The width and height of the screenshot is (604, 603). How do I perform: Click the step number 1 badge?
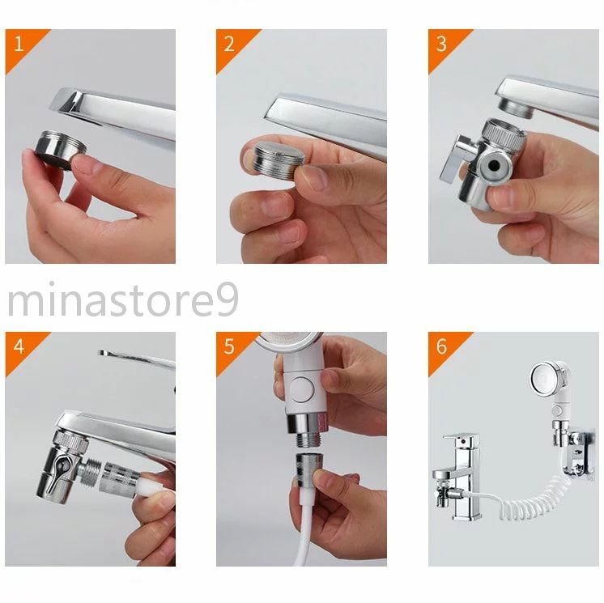coord(19,44)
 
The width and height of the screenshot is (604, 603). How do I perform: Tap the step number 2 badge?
coord(230,44)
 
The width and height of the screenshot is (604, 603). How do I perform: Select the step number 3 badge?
coord(442,44)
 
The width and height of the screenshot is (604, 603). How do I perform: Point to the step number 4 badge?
coord(19,346)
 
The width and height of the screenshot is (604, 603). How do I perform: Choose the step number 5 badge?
coord(230,346)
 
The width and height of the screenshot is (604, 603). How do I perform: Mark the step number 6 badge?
coord(442,346)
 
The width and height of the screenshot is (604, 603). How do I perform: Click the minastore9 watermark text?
coord(123,299)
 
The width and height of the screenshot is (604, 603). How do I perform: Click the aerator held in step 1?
coord(60,150)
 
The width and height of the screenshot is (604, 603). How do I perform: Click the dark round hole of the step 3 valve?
coord(494,166)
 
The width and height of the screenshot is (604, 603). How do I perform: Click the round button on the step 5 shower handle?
coord(302,389)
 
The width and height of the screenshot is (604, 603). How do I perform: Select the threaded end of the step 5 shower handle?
coord(308,440)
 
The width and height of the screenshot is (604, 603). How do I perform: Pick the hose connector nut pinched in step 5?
coord(308,469)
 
